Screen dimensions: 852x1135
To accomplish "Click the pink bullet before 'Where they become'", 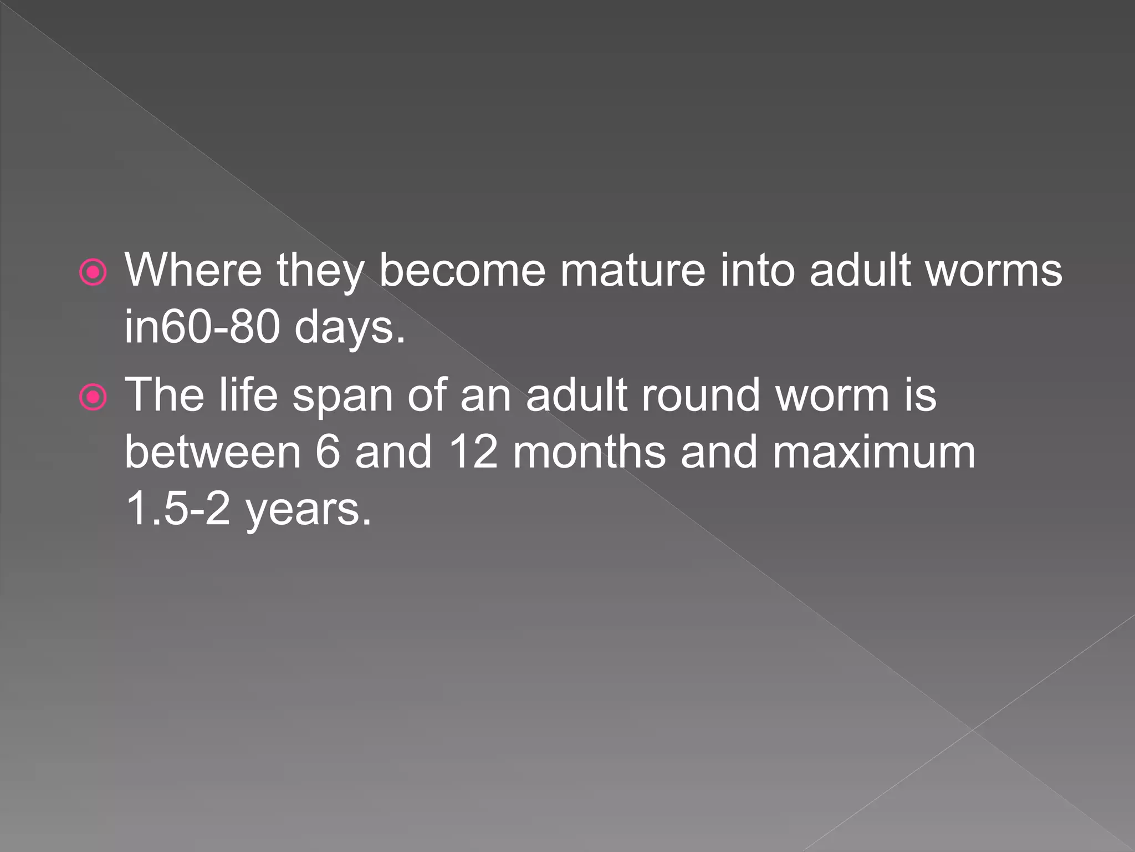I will pyautogui.click(x=93, y=272).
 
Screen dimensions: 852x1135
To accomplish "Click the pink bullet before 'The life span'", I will pyautogui.click(x=93, y=397).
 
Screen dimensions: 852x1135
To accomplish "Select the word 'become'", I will pyautogui.click(x=462, y=270).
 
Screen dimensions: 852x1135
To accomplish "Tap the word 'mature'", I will pyautogui.click(x=632, y=270).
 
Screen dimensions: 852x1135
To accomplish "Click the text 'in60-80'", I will pyautogui.click(x=202, y=327).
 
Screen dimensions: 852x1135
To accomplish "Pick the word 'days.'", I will pyautogui.click(x=350, y=328).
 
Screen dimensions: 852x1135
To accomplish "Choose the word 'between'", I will pyautogui.click(x=213, y=452).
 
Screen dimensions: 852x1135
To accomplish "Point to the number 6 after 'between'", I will pyautogui.click(x=327, y=452).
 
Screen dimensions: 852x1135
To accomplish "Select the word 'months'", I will pyautogui.click(x=589, y=452).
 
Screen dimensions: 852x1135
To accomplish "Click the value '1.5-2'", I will pyautogui.click(x=177, y=509).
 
